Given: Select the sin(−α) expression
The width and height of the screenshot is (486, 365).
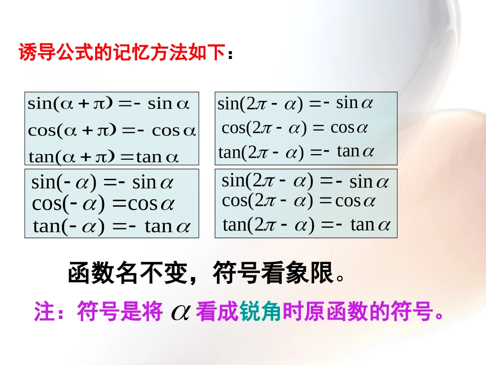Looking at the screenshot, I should click(64, 183).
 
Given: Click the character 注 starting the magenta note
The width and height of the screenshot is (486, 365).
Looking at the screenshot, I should click(45, 312).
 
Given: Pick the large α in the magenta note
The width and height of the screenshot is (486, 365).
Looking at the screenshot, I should click(180, 312).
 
